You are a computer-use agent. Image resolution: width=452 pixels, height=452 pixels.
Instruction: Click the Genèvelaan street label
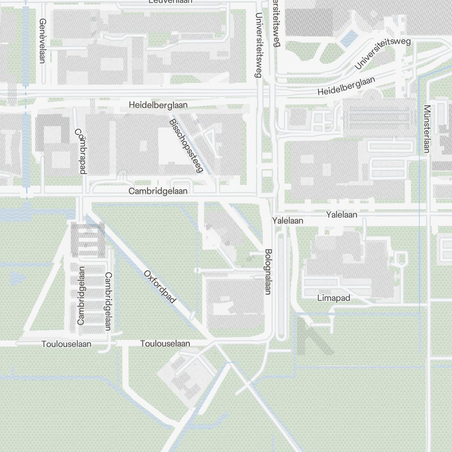point(43,41)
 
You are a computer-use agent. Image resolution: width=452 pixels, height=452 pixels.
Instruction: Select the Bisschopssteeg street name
point(187,146)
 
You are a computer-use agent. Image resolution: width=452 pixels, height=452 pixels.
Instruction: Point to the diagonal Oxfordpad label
point(160,287)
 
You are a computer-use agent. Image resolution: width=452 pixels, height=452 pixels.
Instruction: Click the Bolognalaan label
point(268,272)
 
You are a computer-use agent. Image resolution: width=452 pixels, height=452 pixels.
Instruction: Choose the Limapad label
point(334,298)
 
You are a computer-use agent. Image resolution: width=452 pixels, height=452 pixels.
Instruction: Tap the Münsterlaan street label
point(426,129)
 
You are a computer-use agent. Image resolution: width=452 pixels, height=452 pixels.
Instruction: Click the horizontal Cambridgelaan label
point(158,191)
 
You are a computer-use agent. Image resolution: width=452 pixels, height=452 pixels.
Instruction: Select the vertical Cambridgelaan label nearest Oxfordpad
point(108,301)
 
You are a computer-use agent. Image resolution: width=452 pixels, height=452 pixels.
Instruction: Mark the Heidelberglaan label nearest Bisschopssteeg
point(158,105)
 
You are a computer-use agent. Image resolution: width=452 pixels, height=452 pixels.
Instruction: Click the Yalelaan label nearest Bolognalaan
point(287,221)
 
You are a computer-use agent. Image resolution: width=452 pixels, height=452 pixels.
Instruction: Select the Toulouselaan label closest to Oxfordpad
point(165,344)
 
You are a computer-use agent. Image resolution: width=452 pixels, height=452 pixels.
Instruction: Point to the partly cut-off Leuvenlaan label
point(170,2)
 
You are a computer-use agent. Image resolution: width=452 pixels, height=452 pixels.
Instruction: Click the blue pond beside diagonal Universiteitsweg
point(348,39)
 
